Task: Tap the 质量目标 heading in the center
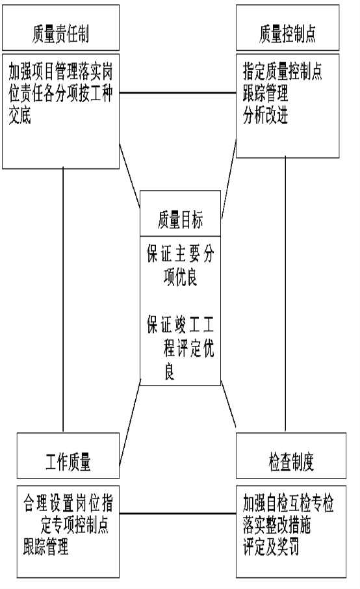pos(180,220)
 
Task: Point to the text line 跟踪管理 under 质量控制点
pos(265,93)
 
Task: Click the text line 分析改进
pos(265,115)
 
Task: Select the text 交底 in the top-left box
pos(20,115)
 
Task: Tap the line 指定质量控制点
pos(282,72)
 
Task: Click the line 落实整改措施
pos(277,525)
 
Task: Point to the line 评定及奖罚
pos(271,547)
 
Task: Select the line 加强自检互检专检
pos(289,503)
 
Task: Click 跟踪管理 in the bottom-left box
pos(45,547)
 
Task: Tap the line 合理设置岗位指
pos(68,503)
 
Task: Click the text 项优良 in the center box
pos(181,277)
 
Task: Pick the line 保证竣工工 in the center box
pos(181,324)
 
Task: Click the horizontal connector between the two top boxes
pos(177,93)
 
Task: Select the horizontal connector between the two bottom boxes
pos(177,514)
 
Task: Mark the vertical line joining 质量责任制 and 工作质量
pos(63,300)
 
